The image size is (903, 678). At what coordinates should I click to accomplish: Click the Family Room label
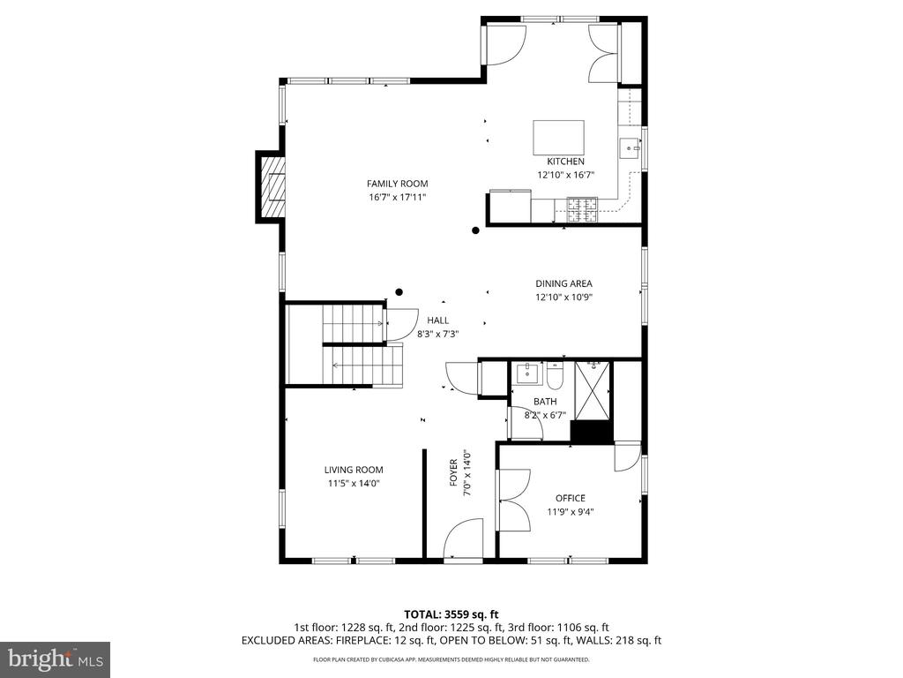(x=398, y=184)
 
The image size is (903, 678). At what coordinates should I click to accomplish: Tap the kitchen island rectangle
(x=558, y=137)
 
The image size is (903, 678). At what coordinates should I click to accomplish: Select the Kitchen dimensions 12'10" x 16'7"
(x=565, y=175)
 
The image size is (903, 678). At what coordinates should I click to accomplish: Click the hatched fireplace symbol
(x=273, y=186)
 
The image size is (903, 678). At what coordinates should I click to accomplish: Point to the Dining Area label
(x=563, y=283)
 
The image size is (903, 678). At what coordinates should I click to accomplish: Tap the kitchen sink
(x=630, y=148)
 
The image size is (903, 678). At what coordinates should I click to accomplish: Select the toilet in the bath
(x=556, y=376)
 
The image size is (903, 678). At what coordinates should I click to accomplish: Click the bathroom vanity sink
(x=527, y=373)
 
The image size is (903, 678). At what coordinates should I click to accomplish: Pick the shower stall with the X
(x=593, y=389)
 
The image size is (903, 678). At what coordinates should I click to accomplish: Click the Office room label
(x=571, y=498)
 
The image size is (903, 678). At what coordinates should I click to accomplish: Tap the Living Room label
(x=354, y=470)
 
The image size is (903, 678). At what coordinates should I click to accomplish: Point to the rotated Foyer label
(x=454, y=473)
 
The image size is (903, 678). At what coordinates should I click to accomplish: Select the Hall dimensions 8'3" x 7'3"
(x=437, y=333)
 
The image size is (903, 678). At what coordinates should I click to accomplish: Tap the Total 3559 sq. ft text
(x=451, y=614)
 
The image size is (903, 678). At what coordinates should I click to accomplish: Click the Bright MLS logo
(x=55, y=659)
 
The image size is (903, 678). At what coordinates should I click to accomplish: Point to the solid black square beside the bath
(x=591, y=432)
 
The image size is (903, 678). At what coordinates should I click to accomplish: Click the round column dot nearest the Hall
(x=399, y=292)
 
